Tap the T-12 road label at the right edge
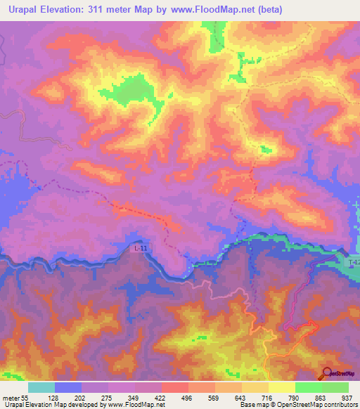[354, 261]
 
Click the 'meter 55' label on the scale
[15, 397]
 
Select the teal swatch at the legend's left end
[41, 387]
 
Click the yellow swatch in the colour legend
[281, 387]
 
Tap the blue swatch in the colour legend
[68, 387]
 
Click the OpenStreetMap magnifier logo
[326, 374]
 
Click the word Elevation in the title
[70, 8]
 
